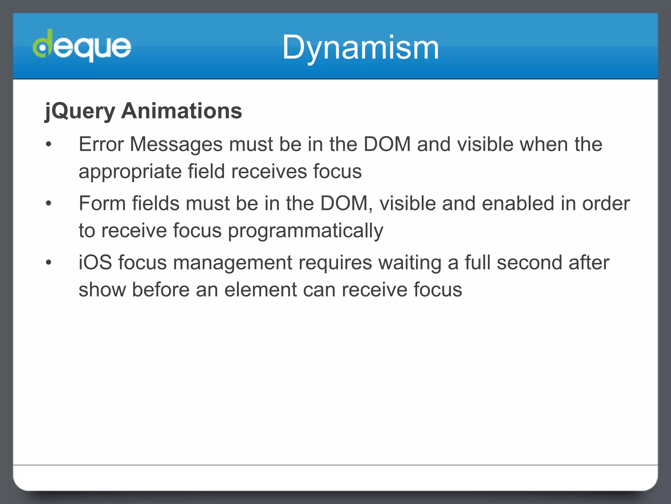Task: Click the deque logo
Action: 82,46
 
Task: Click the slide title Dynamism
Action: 360,48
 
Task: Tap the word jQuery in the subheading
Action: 80,111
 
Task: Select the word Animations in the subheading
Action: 182,111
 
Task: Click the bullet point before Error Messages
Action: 49,144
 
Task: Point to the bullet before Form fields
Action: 49,203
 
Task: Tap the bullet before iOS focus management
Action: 49,262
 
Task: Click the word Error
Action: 101,144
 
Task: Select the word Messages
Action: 176,145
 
